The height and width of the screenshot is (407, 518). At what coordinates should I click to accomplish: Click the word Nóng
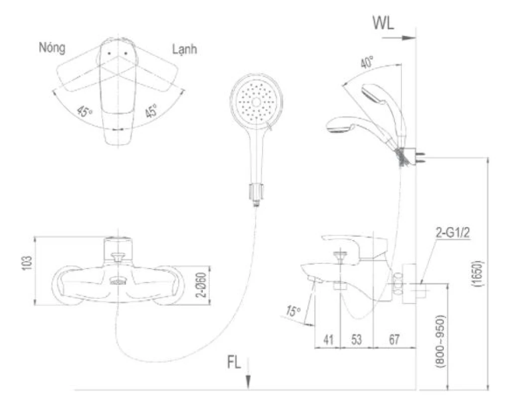point(52,48)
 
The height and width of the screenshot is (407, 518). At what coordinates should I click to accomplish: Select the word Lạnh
point(184,49)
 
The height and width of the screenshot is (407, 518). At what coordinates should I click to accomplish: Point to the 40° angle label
point(367,63)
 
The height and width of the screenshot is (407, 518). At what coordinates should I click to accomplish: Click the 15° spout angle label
point(293,312)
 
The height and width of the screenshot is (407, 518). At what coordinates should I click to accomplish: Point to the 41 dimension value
point(328,340)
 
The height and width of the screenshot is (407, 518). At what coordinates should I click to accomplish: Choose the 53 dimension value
point(356,340)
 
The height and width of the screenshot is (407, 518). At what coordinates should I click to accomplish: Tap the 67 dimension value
point(394,340)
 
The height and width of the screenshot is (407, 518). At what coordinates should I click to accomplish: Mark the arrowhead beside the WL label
point(410,38)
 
